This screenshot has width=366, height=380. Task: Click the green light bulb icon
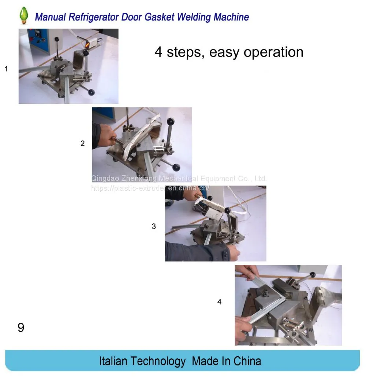click(24, 15)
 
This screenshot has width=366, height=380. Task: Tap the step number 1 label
click(6, 69)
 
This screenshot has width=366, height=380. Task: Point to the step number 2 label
click(82, 143)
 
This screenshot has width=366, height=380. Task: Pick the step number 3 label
click(154, 226)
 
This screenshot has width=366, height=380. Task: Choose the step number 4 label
click(219, 302)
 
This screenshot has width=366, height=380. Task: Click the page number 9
click(21, 328)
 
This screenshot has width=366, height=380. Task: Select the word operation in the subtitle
click(273, 52)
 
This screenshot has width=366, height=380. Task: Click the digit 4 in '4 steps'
click(158, 52)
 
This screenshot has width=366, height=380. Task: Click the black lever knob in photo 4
click(313, 275)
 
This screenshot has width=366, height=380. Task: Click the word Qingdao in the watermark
click(105, 179)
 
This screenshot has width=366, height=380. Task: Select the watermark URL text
click(150, 188)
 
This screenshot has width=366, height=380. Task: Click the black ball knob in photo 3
click(228, 210)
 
